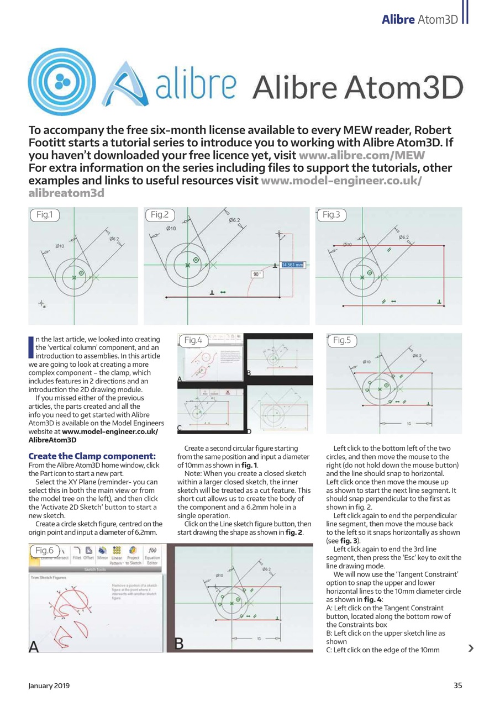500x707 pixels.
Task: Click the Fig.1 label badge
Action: tap(44, 214)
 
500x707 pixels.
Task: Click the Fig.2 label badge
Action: tap(159, 214)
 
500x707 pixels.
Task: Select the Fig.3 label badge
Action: tap(331, 214)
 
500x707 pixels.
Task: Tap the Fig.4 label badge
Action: tap(193, 340)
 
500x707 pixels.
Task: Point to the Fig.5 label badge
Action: tap(341, 340)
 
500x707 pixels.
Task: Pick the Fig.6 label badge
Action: tap(44, 550)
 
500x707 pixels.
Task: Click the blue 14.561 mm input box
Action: tap(293, 265)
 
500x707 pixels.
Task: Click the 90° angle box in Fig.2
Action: tap(257, 274)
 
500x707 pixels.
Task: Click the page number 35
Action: tap(457, 685)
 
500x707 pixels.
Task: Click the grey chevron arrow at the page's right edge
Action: tap(470, 648)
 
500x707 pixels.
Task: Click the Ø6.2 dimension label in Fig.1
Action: tap(114, 239)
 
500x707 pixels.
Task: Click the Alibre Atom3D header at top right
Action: tap(420, 19)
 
